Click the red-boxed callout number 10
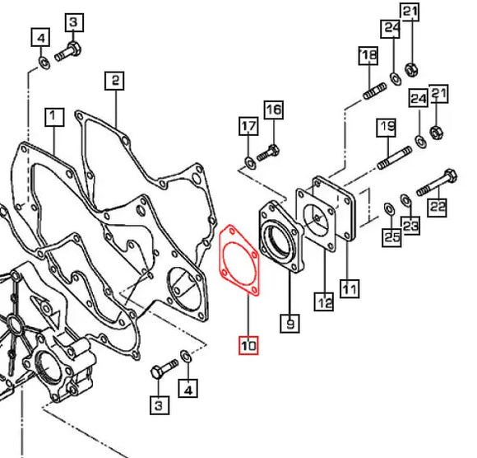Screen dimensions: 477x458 (x=248, y=345)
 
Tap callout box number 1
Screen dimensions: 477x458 (x=54, y=117)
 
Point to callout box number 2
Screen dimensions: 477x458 (x=114, y=81)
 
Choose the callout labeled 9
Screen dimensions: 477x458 (x=290, y=323)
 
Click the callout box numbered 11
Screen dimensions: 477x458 (x=350, y=288)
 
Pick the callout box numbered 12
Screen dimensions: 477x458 (x=324, y=301)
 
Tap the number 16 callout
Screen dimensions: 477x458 (x=274, y=110)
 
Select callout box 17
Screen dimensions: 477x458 (x=248, y=126)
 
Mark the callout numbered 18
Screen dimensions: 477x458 (x=368, y=55)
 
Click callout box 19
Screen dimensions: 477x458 (x=387, y=127)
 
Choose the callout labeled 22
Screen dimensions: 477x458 (x=438, y=208)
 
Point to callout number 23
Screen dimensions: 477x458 (x=410, y=226)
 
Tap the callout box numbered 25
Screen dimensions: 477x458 (x=391, y=236)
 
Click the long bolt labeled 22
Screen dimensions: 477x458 (x=437, y=182)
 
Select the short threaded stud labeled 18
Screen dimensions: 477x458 (x=375, y=91)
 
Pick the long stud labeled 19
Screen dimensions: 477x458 (x=395, y=158)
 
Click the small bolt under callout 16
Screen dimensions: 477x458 (x=268, y=152)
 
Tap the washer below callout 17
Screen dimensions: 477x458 (x=250, y=163)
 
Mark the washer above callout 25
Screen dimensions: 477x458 (x=389, y=209)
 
